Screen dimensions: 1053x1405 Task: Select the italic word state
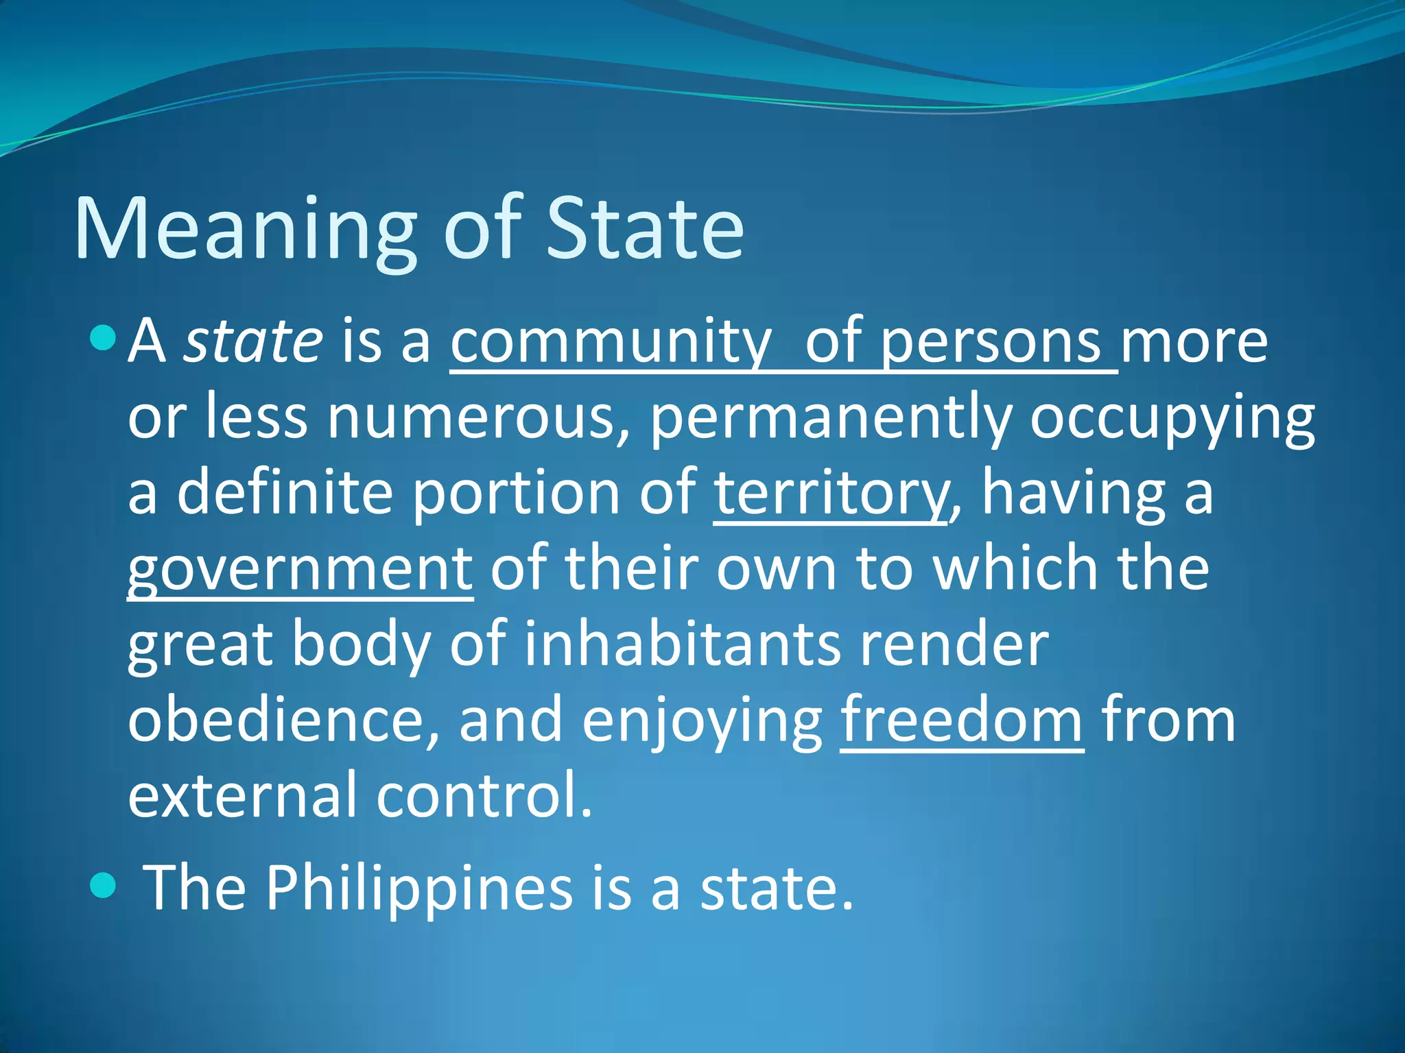point(253,341)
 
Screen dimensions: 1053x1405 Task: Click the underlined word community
point(611,343)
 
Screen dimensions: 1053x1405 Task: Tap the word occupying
point(1172,420)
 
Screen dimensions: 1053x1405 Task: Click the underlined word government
point(300,570)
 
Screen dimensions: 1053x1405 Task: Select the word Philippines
point(418,888)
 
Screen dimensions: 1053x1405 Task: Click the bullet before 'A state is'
point(103,337)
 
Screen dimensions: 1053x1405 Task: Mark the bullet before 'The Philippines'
point(103,884)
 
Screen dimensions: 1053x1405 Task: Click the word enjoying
point(702,721)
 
